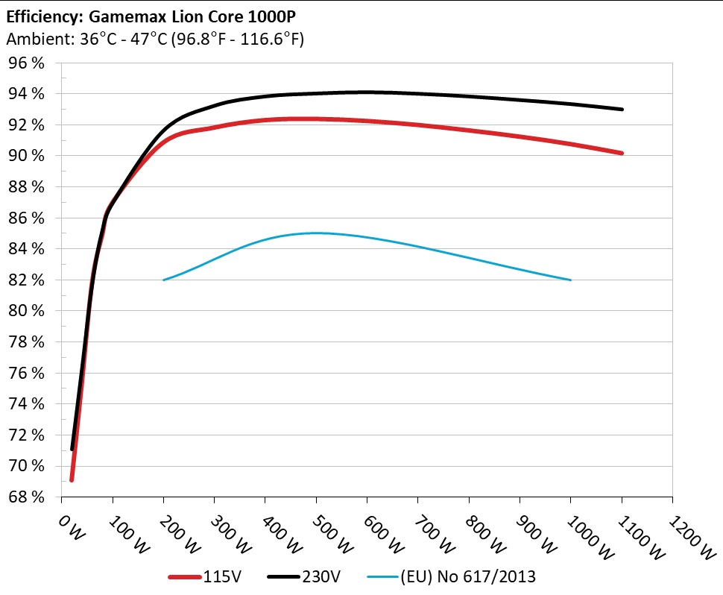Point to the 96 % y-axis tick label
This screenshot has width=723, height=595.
(x=26, y=63)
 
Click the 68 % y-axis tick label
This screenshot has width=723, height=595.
(x=26, y=497)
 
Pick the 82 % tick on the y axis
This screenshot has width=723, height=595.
(x=26, y=280)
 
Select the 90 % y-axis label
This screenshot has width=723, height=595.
(x=26, y=155)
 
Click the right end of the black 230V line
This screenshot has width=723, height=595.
(x=622, y=109)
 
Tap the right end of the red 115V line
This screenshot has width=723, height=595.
(x=622, y=153)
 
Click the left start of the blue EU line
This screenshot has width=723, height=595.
(x=164, y=280)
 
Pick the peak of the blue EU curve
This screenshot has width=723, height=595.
(x=316, y=233)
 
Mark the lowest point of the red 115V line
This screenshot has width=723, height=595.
(x=72, y=479)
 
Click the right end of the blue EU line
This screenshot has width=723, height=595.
(x=570, y=280)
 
